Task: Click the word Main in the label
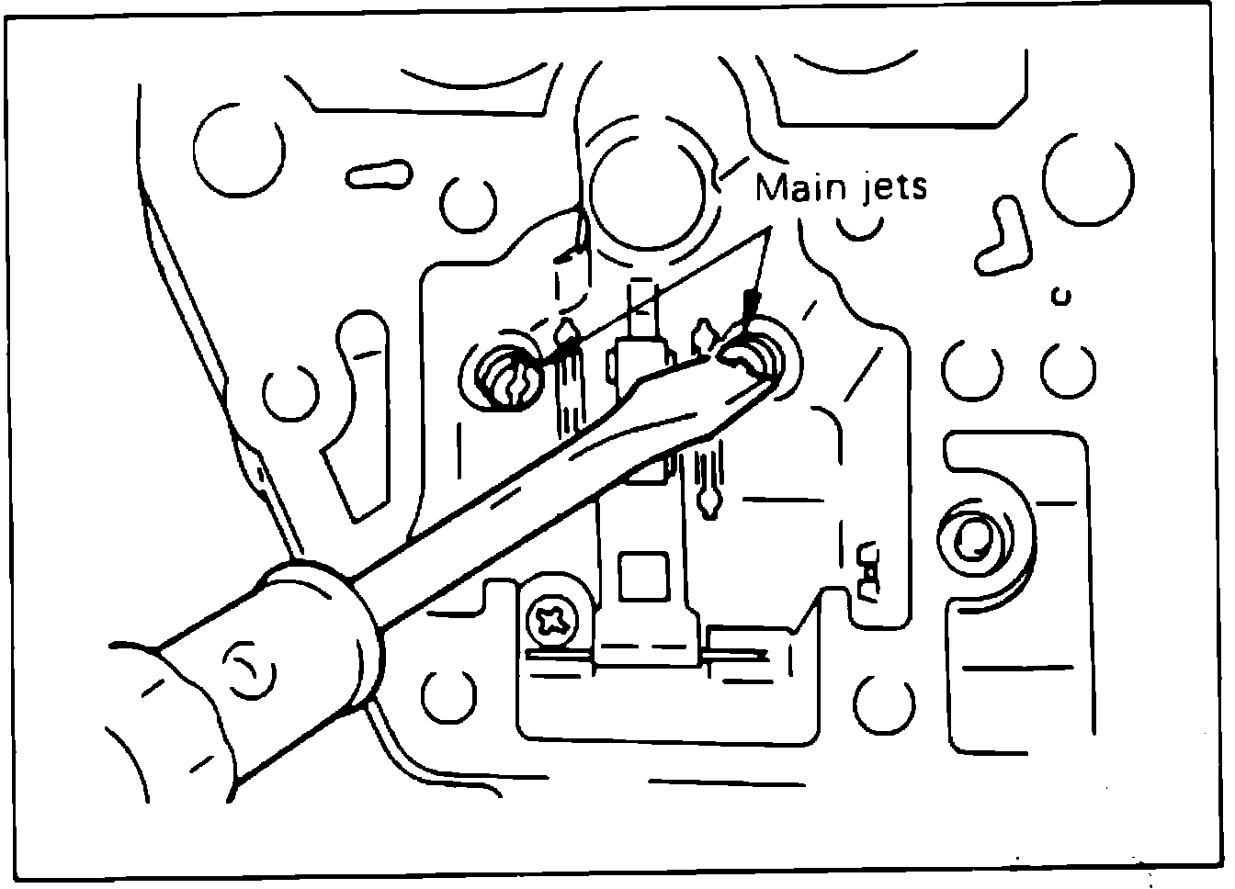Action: coord(796,187)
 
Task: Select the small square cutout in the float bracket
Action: coord(640,578)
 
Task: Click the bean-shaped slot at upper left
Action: coord(377,174)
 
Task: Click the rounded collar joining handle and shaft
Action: coord(326,634)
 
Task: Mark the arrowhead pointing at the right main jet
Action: coord(751,303)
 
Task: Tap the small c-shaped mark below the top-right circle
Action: coord(1063,296)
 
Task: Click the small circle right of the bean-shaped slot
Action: coord(469,203)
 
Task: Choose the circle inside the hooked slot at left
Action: coord(290,393)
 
